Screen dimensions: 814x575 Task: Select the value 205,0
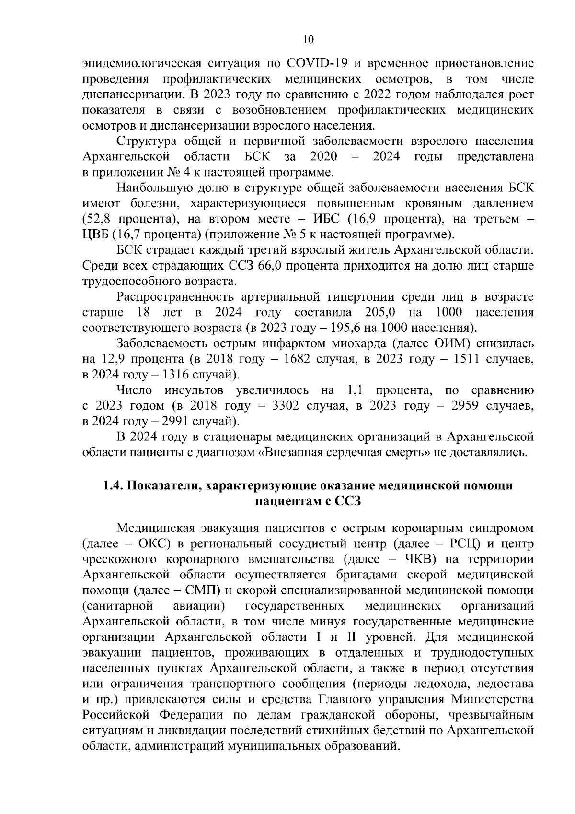[380, 313]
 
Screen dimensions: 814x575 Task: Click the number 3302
[286, 406]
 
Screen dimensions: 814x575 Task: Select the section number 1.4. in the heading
[113, 486]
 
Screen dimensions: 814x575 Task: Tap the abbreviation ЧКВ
[420, 560]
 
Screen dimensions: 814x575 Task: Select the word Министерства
[492, 699]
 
